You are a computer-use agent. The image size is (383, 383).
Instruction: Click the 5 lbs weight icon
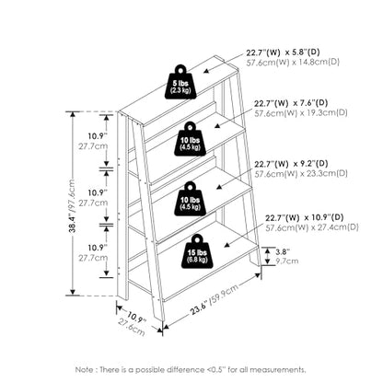pos(180,82)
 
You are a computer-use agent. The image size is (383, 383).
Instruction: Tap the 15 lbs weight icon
pos(197,251)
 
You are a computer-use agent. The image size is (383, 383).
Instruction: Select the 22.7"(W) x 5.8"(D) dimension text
pos(283,52)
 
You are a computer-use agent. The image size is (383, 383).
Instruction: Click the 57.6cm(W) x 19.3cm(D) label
pos(301,112)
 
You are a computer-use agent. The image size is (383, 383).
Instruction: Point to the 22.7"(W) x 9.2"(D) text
pos(291,164)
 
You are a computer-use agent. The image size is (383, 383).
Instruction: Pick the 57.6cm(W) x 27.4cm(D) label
pos(312,227)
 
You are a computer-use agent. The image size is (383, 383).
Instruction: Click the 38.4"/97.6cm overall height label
pos(72,205)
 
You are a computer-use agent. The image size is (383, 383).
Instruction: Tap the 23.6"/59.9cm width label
pos(215,299)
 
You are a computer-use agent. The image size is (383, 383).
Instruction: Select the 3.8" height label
pos(283,252)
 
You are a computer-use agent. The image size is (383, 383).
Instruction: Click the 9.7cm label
pos(286,261)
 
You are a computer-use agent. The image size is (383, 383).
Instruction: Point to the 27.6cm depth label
pos(132,328)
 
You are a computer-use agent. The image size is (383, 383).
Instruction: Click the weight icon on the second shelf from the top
pos(191,139)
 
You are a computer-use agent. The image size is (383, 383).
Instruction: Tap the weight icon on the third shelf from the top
pos(191,199)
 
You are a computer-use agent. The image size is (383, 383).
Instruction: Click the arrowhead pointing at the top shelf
pos(206,71)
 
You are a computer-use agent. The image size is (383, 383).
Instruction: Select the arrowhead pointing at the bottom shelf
pos(226,244)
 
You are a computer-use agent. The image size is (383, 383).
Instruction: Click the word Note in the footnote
pos(86,369)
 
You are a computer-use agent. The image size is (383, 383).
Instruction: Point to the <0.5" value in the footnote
pos(219,369)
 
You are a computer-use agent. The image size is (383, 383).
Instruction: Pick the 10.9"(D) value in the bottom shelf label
pos(328,217)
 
